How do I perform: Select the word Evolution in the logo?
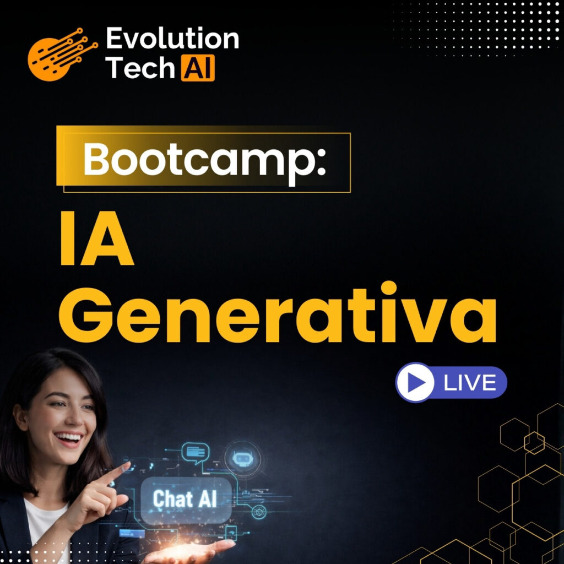pos(172,40)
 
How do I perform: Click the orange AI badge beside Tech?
pos(197,68)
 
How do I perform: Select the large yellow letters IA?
pos(96,243)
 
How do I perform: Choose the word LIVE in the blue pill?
pos(469,382)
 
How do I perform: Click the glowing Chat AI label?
pos(185,499)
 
